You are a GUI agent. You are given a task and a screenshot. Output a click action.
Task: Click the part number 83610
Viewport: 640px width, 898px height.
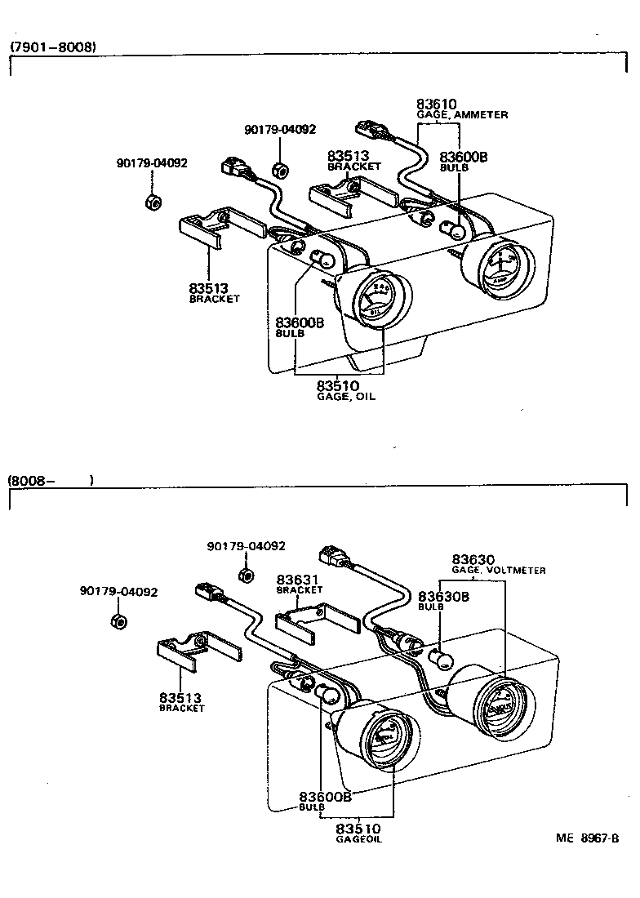437,104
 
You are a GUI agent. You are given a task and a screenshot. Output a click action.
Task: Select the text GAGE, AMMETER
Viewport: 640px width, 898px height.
462,115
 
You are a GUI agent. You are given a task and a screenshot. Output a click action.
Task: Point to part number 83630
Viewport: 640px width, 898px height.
473,559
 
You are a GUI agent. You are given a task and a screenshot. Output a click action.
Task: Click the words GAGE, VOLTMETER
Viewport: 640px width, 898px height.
499,570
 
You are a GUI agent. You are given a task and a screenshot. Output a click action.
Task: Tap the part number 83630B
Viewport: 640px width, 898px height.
443,597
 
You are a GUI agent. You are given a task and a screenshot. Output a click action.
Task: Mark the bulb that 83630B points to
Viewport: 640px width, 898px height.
441,656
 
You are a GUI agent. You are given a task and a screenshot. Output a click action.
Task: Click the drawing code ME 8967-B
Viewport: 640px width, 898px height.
588,838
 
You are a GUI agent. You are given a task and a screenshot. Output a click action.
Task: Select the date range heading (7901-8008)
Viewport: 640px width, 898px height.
53,47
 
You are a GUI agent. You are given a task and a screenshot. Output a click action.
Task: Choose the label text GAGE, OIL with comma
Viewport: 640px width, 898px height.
346,397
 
